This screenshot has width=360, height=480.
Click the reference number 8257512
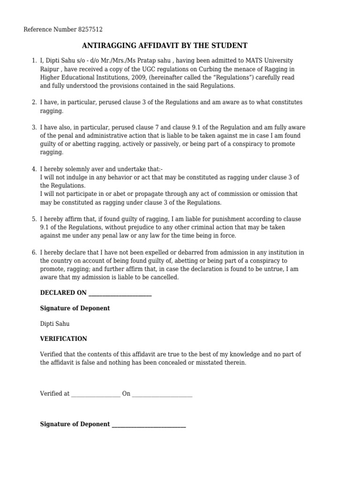click(x=91, y=30)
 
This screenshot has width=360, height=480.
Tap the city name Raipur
click(x=50, y=69)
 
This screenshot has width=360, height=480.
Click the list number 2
click(x=34, y=102)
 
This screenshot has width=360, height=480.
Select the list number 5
click(x=34, y=219)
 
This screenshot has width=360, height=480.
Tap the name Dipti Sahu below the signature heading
click(x=55, y=323)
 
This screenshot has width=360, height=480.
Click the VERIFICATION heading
click(x=64, y=338)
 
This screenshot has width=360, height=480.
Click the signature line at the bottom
click(x=149, y=426)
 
